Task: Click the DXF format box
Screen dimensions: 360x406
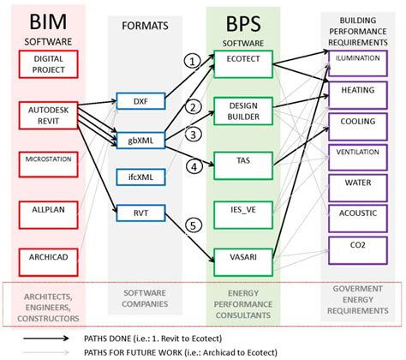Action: point(140,101)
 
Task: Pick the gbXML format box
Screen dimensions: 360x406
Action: point(140,138)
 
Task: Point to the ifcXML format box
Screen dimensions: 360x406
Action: point(140,177)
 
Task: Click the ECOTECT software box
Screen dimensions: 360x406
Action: point(245,62)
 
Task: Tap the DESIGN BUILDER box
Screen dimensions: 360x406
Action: point(245,111)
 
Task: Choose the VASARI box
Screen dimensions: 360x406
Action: point(245,256)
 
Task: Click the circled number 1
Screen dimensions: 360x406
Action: point(195,62)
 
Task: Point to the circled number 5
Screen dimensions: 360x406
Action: point(195,225)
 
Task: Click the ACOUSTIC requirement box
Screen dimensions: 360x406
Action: point(357,213)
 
